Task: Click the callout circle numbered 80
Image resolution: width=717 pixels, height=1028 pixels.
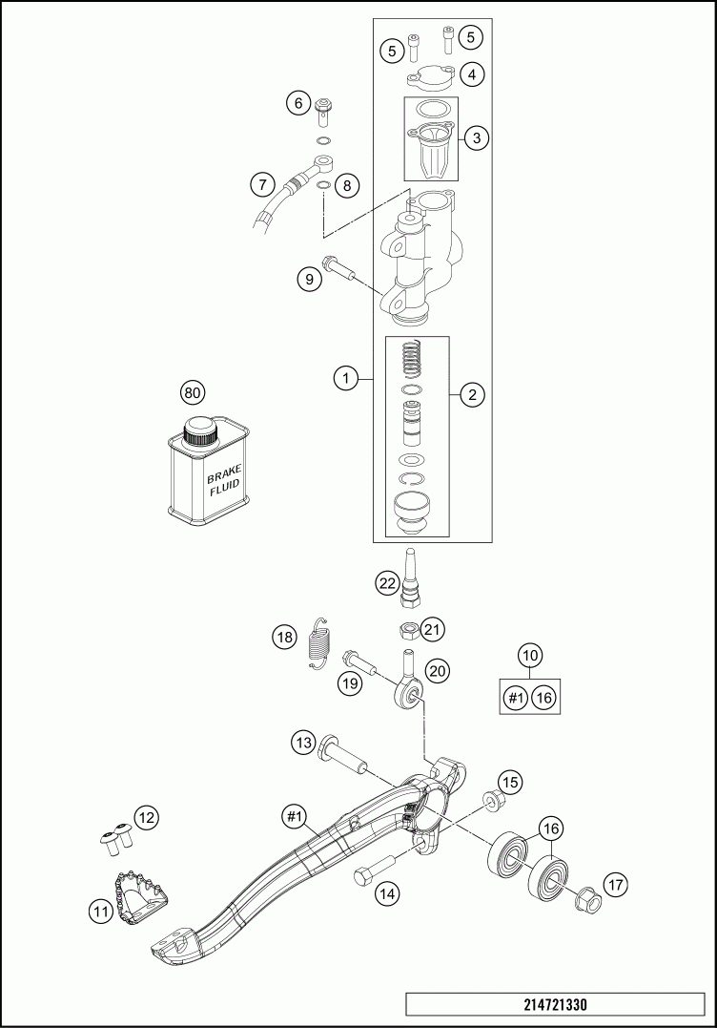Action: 194,392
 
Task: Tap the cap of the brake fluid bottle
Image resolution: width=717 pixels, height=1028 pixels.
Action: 200,430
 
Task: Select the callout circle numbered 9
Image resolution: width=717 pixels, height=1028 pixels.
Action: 308,279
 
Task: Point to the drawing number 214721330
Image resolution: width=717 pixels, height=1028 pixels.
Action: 556,1005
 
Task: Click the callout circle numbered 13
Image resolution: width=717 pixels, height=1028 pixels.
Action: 303,743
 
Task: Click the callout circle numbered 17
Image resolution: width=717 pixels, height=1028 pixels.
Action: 616,885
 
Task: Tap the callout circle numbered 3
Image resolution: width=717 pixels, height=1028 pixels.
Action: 477,137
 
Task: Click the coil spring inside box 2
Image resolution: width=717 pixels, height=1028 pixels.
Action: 410,359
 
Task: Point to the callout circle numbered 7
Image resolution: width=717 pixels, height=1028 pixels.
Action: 263,182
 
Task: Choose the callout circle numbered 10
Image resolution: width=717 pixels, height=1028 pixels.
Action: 530,656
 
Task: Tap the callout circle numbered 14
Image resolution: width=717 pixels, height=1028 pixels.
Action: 386,893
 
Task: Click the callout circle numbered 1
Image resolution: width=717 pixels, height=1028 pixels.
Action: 345,380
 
